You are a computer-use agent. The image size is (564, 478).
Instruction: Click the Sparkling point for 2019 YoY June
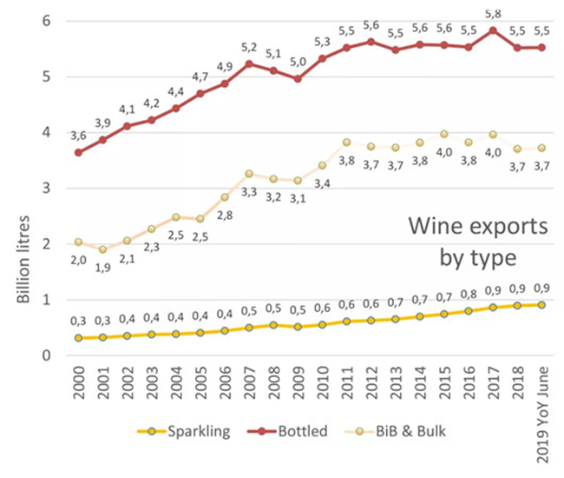coord(541,304)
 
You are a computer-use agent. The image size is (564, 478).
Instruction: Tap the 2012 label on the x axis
coord(372,383)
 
